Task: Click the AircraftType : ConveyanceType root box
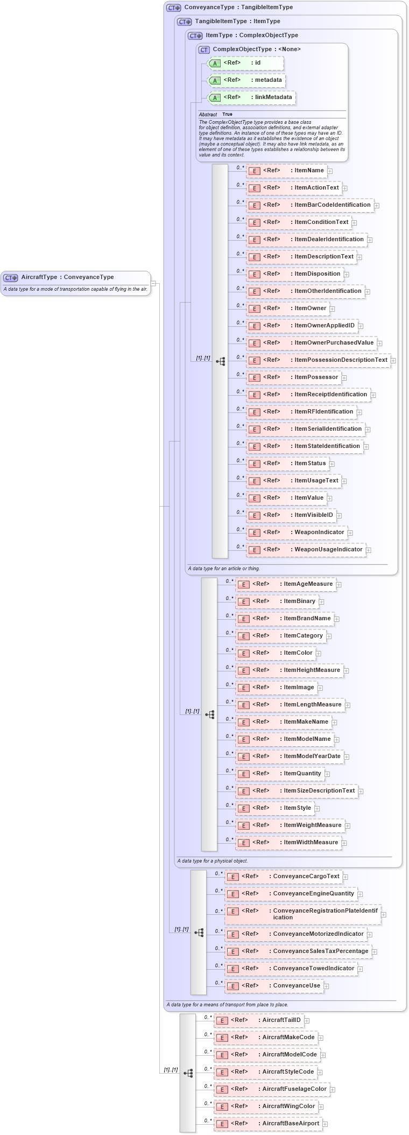click(75, 277)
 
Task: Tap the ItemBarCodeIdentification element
click(309, 205)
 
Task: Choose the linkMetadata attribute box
click(251, 97)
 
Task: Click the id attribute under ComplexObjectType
click(245, 63)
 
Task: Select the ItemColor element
click(275, 653)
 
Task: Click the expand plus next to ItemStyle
click(318, 808)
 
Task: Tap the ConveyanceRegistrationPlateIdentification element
click(302, 914)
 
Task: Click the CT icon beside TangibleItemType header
click(185, 22)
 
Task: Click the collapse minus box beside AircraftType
click(153, 283)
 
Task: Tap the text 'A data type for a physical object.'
click(213, 861)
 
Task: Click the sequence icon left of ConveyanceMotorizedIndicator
click(199, 932)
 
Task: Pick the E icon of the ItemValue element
click(254, 499)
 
